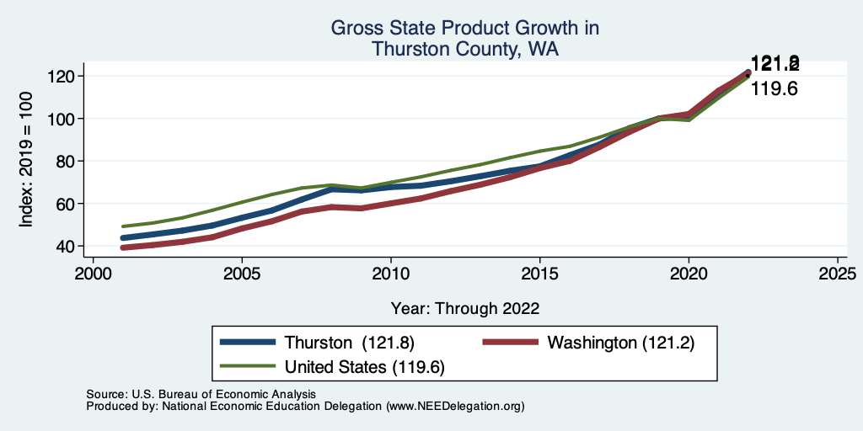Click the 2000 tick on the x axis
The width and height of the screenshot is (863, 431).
tap(93, 274)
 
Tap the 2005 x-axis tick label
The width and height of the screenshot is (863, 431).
tap(242, 274)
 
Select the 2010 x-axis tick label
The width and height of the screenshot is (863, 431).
tap(390, 274)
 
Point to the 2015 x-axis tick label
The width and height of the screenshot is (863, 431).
tap(539, 274)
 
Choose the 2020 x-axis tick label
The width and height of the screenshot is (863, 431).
tap(689, 274)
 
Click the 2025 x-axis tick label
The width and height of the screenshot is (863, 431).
tap(837, 274)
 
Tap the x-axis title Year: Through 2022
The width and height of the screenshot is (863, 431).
tap(465, 308)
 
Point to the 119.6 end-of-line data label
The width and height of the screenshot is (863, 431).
tap(774, 88)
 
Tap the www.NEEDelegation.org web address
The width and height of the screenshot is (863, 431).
tap(455, 407)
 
